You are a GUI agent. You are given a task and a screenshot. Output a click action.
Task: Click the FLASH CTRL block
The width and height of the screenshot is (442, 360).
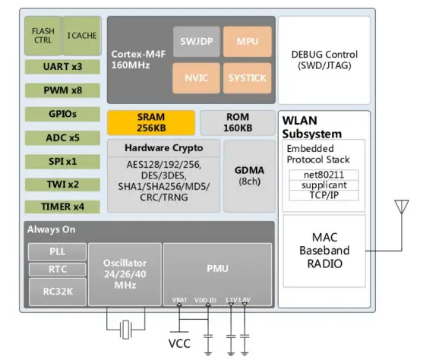43,35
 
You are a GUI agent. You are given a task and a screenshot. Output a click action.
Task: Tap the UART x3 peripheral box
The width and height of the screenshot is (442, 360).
62,67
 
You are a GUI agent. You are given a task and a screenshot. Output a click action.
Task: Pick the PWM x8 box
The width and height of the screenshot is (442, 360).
62,90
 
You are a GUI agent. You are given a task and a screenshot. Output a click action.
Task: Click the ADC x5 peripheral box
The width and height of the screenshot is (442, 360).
62,137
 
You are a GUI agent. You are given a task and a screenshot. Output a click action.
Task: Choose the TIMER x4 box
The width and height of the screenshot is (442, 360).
62,207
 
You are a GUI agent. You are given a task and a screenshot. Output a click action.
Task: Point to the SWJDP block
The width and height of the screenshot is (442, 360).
197,40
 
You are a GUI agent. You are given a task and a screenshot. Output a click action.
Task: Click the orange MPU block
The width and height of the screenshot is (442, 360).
247,40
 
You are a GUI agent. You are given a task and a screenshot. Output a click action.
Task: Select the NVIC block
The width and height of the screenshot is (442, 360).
197,77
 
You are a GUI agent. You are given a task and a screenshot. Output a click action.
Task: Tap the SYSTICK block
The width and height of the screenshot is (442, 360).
247,77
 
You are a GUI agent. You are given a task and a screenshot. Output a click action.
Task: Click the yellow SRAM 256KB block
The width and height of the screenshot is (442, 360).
150,122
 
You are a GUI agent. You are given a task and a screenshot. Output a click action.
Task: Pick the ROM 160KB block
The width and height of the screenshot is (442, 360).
236,122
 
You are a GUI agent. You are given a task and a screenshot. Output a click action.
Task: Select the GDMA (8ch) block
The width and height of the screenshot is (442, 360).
248,175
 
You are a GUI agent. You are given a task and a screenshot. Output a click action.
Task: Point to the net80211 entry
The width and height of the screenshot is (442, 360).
324,175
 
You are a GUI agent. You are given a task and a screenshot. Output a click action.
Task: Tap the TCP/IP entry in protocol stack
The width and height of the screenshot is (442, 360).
324,196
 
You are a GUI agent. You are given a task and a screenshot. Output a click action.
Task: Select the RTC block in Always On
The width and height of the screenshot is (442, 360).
57,269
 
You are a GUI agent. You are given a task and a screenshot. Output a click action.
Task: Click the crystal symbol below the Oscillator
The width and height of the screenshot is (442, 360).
125,328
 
